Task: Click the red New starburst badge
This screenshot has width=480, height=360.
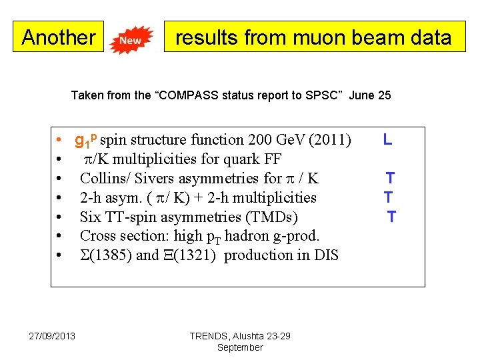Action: coord(131,40)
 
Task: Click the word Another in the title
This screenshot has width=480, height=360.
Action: coord(59,37)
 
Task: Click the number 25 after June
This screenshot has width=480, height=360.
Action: coord(384,95)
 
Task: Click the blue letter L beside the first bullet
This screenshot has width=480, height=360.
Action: coord(387,140)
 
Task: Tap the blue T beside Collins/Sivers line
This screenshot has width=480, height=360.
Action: coord(390,178)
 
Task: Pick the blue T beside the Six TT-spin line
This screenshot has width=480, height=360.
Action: coord(391,217)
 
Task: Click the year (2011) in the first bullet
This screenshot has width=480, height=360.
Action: coord(331,140)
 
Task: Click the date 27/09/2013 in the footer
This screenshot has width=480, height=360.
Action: coord(52,335)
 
